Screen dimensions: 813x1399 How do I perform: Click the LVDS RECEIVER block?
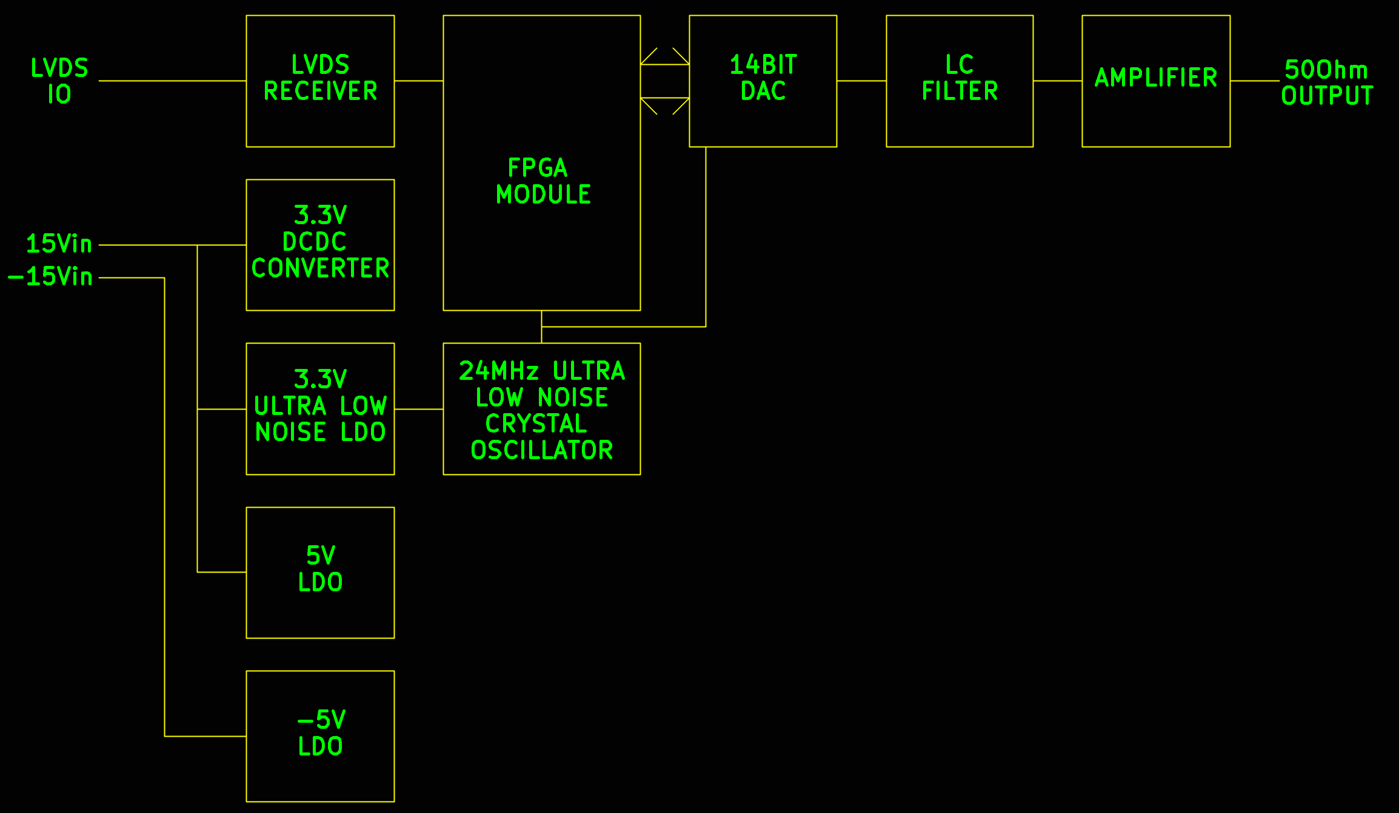pos(320,81)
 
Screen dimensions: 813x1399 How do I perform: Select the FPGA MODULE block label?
pos(542,181)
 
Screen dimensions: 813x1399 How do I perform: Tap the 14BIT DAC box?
pos(763,81)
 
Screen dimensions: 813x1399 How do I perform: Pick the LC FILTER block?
pos(959,81)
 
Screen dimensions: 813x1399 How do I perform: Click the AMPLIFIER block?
pos(1155,81)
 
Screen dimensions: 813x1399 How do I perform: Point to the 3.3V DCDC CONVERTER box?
pos(320,245)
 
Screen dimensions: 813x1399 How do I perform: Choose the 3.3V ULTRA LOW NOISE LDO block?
pos(320,408)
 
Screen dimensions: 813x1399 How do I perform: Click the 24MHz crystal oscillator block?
pos(541,408)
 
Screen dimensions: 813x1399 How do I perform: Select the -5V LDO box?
pos(320,735)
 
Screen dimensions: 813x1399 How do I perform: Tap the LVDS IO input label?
pos(59,81)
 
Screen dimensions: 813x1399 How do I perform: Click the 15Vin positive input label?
pos(59,244)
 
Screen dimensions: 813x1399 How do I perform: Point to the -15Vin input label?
pos(51,277)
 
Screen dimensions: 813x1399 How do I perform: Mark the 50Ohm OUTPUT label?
pos(1326,82)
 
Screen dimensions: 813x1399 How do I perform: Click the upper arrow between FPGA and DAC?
pos(664,64)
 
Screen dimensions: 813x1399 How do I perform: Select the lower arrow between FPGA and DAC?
pos(664,98)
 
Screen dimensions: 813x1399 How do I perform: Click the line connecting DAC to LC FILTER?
pos(861,81)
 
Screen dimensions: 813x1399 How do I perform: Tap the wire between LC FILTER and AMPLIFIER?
pos(1057,81)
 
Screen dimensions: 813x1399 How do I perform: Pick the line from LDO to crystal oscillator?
pos(418,409)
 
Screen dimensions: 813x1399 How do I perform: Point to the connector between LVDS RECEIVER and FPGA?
pos(418,81)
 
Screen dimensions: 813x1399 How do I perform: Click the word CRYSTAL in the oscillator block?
pos(536,423)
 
